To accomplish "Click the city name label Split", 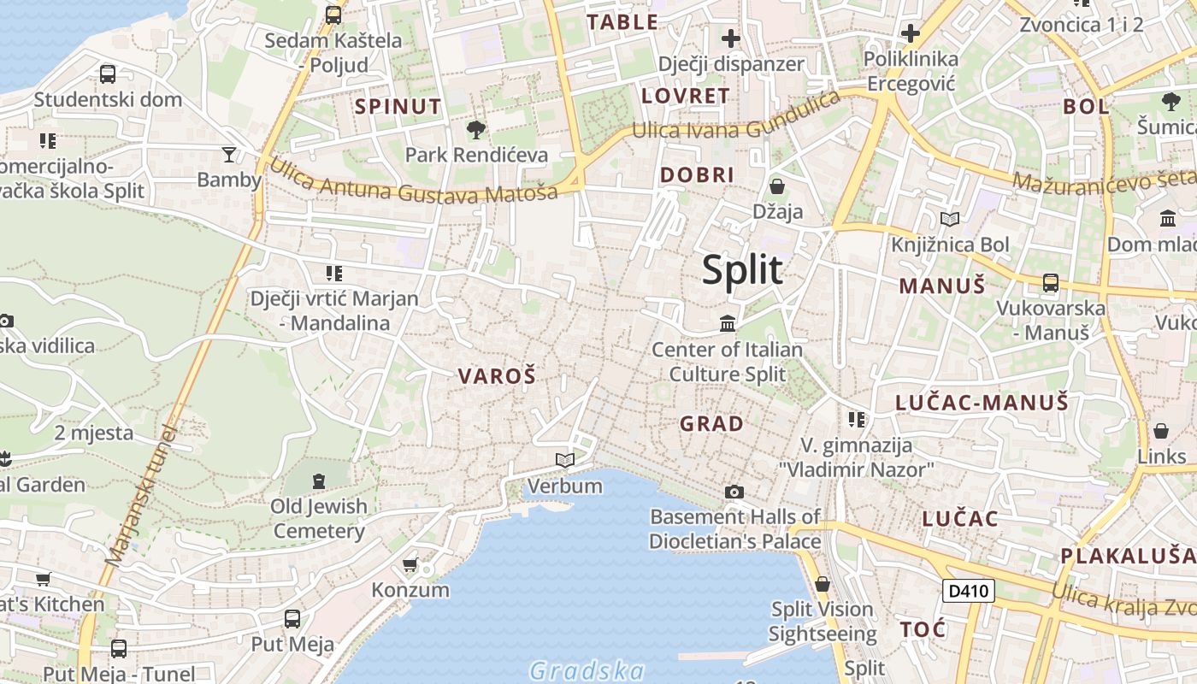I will pos(742,270).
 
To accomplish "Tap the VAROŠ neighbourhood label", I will pos(497,376).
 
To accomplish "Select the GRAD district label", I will pos(711,423).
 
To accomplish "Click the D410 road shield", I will pos(969,591).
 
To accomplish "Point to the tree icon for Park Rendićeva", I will pos(476,130).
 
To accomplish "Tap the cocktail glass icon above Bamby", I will pos(229,155).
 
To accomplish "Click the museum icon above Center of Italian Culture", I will pos(728,323).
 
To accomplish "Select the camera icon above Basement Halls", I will pos(734,492).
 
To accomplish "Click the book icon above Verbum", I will pos(564,460).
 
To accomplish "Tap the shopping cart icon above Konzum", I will pos(410,564).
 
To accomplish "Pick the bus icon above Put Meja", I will pos(292,618).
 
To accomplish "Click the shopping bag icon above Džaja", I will pos(777,186).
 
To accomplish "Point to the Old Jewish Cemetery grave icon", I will pos(319,481).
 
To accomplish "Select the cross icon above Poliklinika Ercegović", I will pos(911,33).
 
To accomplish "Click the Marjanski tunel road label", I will pos(140,496).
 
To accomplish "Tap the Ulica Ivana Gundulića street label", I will pos(736,119).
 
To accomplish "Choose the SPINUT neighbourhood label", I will pos(398,107).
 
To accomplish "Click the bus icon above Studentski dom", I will pos(108,74).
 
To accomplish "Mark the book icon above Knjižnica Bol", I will pos(949,219).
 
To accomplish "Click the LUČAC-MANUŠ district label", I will pos(982,403).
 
